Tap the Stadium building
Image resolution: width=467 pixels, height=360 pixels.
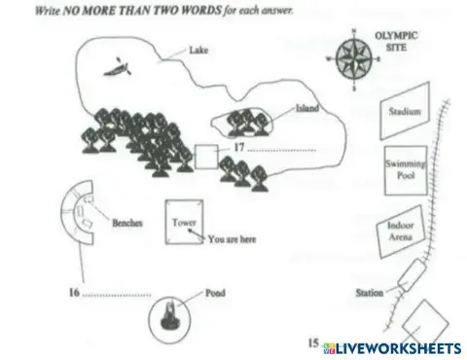(404, 113)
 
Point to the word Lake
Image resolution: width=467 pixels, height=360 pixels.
(199, 49)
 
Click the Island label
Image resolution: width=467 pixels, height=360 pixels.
(307, 110)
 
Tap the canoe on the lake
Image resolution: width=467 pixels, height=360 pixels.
(121, 69)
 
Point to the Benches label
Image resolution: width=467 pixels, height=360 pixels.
(127, 222)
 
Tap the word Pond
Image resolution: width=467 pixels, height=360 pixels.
(215, 291)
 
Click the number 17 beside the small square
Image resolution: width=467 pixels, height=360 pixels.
(239, 147)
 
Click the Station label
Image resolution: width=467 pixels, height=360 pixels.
(369, 291)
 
